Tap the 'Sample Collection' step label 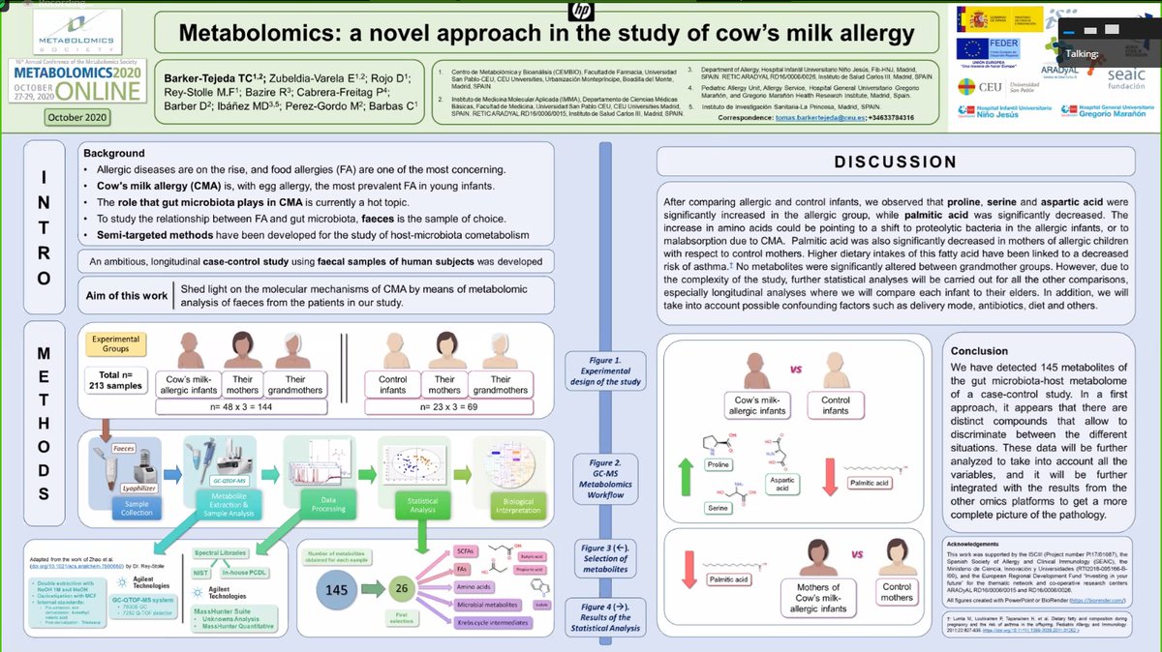pos(138,506)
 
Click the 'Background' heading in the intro pos(113,153)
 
